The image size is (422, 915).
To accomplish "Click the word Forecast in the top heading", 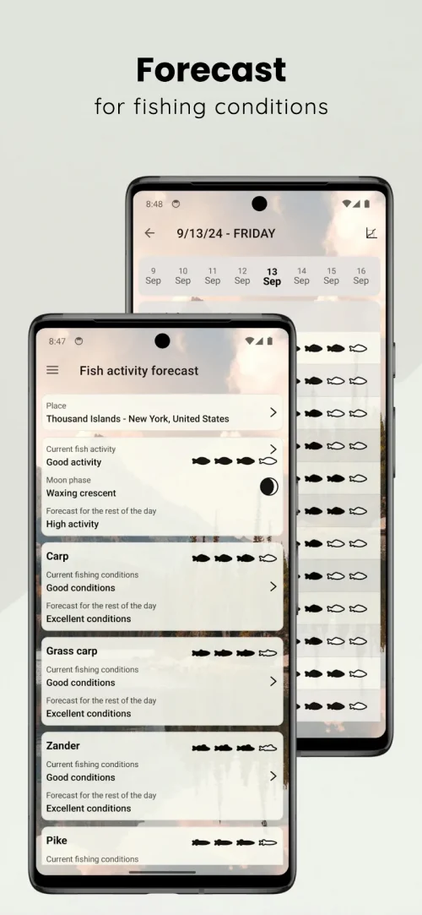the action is click(x=211, y=70).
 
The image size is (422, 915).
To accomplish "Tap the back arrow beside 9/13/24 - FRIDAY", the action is click(x=149, y=233).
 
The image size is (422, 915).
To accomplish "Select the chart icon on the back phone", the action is click(x=371, y=233).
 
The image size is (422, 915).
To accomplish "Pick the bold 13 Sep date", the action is click(x=272, y=276).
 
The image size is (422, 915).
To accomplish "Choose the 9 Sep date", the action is click(x=154, y=276).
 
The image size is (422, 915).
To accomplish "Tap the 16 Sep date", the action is click(x=360, y=276).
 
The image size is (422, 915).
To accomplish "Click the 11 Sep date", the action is click(x=212, y=276).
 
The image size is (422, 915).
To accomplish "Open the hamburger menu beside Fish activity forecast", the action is click(x=52, y=370).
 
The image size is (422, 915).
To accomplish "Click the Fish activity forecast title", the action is click(x=138, y=371).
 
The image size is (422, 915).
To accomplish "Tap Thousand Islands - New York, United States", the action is click(x=138, y=418).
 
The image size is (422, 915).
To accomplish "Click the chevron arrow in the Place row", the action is click(x=273, y=412).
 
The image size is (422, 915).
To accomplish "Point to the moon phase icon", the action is click(x=268, y=487).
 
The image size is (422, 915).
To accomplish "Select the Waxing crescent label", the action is click(x=81, y=493).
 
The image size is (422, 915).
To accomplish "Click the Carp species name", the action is click(x=57, y=557).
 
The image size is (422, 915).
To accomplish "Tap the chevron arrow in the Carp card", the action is click(x=273, y=586).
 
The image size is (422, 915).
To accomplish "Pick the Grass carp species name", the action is click(x=72, y=651).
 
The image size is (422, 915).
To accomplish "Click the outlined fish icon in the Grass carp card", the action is click(x=268, y=653).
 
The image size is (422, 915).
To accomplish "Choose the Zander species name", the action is click(x=63, y=746).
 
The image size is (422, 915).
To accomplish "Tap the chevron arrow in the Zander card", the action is click(x=273, y=776).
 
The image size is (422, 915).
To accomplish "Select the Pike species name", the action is click(x=57, y=841).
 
